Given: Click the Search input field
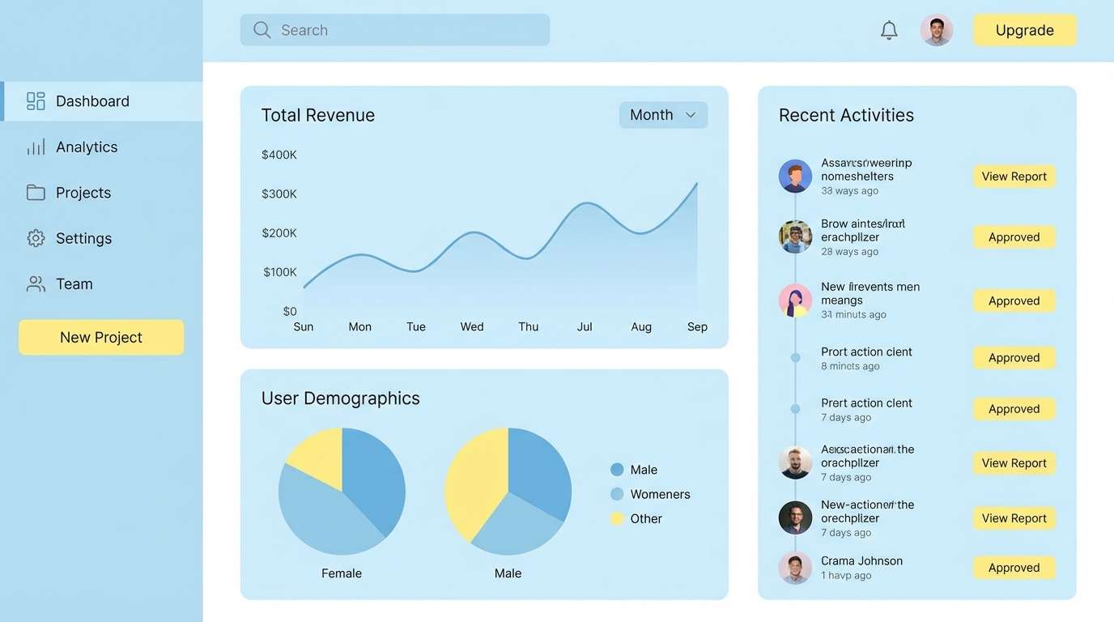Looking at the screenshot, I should (x=395, y=30).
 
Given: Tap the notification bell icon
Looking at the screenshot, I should (x=889, y=30).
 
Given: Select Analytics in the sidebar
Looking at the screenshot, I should (x=86, y=147).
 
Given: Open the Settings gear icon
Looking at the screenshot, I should (x=36, y=238).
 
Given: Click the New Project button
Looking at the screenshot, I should (x=101, y=337).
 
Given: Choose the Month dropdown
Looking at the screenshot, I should (x=663, y=115).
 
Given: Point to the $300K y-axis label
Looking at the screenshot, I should (x=279, y=194).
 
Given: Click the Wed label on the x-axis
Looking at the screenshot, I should (x=472, y=326).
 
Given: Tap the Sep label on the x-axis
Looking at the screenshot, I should (x=697, y=326).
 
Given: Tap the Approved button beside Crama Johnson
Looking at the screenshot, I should (x=1014, y=568).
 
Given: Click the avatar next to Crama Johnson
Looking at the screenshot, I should (x=795, y=568).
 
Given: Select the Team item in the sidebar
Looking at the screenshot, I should (x=74, y=283).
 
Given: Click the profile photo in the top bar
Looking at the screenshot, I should (x=936, y=30).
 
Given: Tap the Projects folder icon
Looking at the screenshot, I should (x=36, y=193).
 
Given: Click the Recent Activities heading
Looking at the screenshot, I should (x=846, y=115).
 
